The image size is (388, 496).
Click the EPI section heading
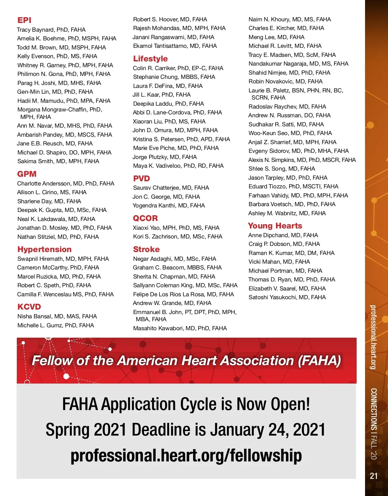24,20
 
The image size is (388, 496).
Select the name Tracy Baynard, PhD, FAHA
51,30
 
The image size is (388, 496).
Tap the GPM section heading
27,174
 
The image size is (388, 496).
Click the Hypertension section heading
44,249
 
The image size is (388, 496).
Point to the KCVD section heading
29,307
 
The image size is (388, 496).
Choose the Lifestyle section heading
150,58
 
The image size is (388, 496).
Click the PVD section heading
141,178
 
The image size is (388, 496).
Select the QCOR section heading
145,218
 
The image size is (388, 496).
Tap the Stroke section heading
146,249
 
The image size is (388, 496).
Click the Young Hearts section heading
275,226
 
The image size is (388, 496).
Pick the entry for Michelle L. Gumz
56,325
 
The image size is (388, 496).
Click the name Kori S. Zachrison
178,237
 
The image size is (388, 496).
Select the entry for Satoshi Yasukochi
287,297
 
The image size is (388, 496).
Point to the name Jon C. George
166,197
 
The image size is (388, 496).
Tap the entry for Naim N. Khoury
289,19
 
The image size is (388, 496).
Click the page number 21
373,476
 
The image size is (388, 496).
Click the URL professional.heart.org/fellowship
186,455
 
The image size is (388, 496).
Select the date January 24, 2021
268,430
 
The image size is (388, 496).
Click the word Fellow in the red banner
52,360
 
